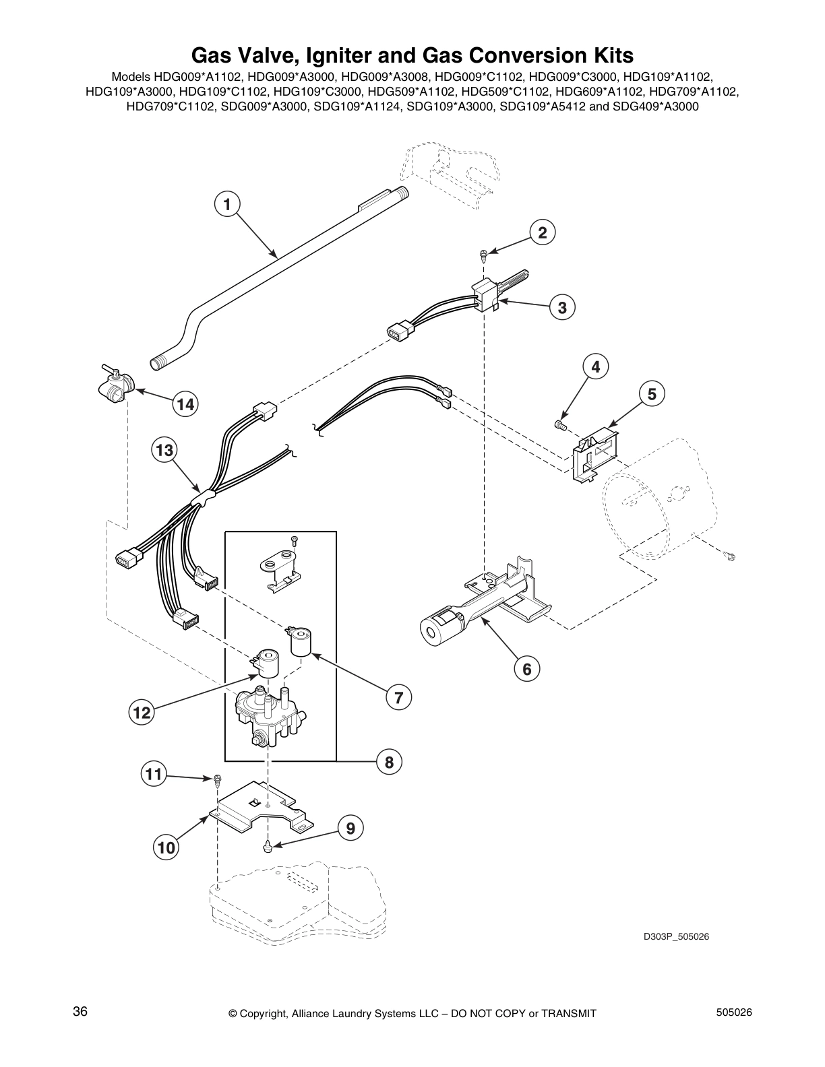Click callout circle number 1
coord(227,203)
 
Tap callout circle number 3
coord(561,307)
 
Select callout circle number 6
coord(527,669)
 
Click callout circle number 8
coord(389,762)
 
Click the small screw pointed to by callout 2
coord(483,254)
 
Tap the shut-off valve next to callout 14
coord(114,387)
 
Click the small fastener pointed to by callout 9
coord(268,844)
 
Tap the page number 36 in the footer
coord(80,1012)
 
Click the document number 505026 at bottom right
coord(734,1012)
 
